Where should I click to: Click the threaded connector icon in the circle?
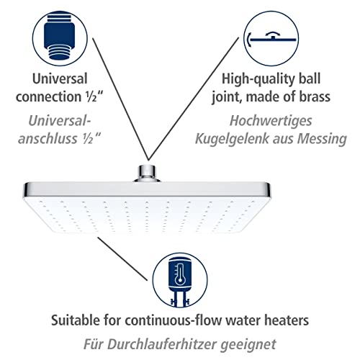[x=60, y=37]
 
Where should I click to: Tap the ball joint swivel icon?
[x=272, y=38]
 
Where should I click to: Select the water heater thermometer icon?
[x=180, y=282]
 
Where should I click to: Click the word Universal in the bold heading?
[x=60, y=78]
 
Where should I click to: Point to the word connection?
[x=48, y=96]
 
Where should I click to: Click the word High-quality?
[x=256, y=79]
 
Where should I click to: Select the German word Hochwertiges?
[x=271, y=121]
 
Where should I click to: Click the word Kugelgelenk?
[x=232, y=139]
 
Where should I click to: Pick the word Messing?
[x=322, y=139]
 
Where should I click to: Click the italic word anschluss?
[x=48, y=139]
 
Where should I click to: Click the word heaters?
[x=287, y=320]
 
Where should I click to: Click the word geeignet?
[x=248, y=345]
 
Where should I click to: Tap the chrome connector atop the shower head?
[x=147, y=173]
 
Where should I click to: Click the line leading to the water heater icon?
[x=122, y=258]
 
